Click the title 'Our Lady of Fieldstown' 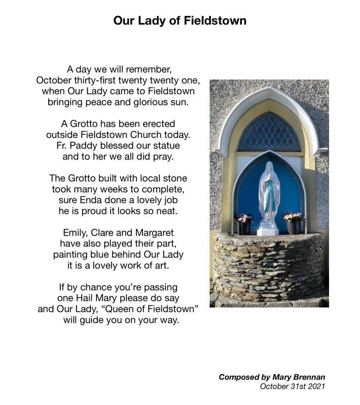pos(180,21)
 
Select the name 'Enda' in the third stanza pos(92,200)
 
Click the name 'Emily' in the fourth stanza pos(74,233)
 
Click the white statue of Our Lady pos(269,192)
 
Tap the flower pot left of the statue pos(244,224)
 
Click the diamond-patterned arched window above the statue pos(269,133)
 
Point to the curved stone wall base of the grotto pos(269,267)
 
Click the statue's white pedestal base pos(268,229)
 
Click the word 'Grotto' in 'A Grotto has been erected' pos(86,124)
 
